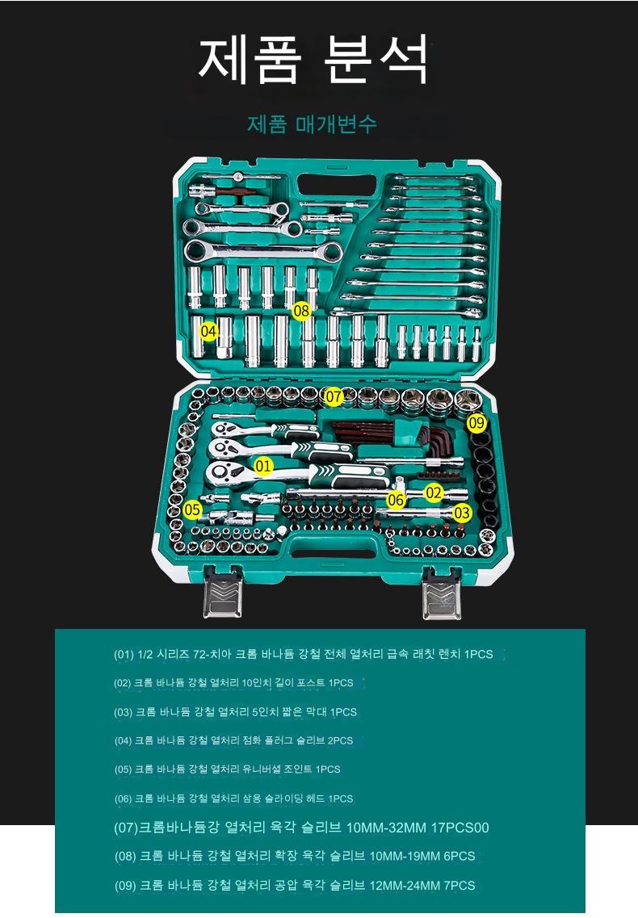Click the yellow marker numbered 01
(263, 466)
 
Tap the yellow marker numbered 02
(434, 493)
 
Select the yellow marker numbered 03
(462, 513)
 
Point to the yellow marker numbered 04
(209, 332)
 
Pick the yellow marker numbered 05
(192, 510)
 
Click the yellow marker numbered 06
(396, 500)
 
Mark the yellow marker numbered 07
(334, 396)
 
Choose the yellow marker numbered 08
(301, 312)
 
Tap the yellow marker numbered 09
(477, 422)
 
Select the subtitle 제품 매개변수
(311, 124)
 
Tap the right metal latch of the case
(442, 593)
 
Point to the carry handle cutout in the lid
(337, 186)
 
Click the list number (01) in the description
(124, 655)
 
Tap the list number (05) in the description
(123, 769)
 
